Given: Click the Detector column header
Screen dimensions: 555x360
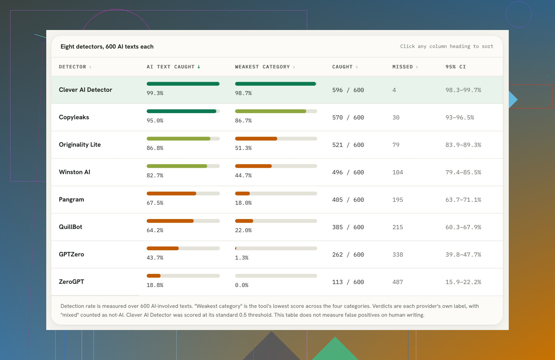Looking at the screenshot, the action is pyautogui.click(x=73, y=67).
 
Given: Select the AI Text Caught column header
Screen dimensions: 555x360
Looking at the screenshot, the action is pyautogui.click(x=171, y=67).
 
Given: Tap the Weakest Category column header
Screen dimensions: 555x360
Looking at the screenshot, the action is pyautogui.click(x=262, y=67).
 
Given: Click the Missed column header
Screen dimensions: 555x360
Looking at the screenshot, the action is pyautogui.click(x=403, y=67).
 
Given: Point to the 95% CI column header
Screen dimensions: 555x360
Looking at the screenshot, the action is pyautogui.click(x=456, y=67).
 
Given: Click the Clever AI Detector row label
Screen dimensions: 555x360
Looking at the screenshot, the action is pyautogui.click(x=86, y=90).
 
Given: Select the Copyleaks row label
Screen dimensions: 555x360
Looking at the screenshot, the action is pyautogui.click(x=74, y=117).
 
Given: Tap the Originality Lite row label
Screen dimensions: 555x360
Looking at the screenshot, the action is pyautogui.click(x=80, y=145).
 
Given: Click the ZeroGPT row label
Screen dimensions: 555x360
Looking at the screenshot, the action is pyautogui.click(x=71, y=282).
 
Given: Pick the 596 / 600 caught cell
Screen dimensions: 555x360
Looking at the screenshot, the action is pyautogui.click(x=348, y=90).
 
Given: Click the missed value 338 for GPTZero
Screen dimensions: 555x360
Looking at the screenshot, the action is pyautogui.click(x=398, y=254).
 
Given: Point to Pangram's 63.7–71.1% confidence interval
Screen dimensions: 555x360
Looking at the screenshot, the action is pyautogui.click(x=463, y=200).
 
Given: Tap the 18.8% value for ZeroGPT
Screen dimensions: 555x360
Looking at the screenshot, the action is pyautogui.click(x=155, y=285).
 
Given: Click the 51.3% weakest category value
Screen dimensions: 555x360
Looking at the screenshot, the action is pyautogui.click(x=243, y=148).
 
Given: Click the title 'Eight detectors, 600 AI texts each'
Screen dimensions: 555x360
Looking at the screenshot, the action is pyautogui.click(x=107, y=47).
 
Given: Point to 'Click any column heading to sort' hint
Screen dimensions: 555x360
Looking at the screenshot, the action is pyautogui.click(x=447, y=46).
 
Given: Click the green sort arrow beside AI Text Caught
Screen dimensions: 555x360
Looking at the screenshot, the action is pyautogui.click(x=199, y=67).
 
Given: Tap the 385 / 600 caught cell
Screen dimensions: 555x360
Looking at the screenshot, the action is pyautogui.click(x=348, y=227).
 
